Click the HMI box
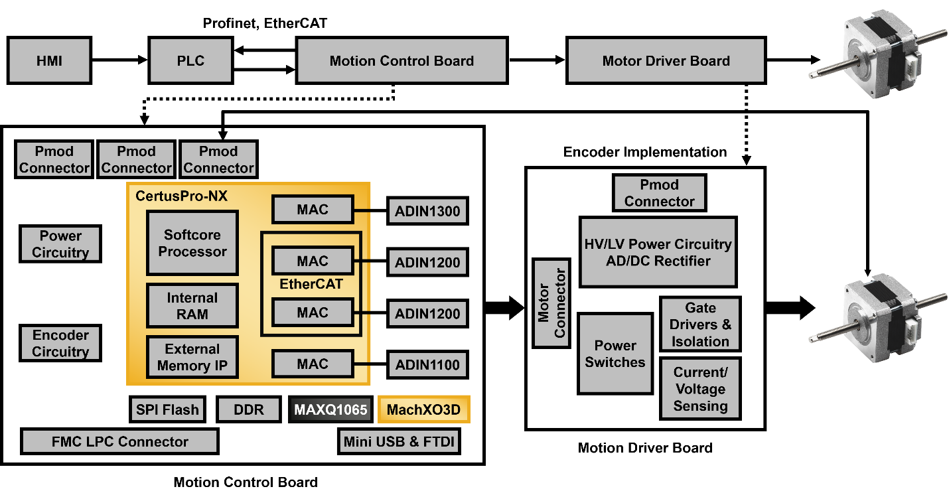[x=50, y=61]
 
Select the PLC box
[x=190, y=61]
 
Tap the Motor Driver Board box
[x=666, y=61]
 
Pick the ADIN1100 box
[x=427, y=365]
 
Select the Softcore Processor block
[x=192, y=243]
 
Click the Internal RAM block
[x=192, y=306]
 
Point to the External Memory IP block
[x=192, y=357]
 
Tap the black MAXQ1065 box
[x=330, y=409]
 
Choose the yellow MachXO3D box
[x=423, y=409]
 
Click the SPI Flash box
[x=167, y=409]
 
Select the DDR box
[x=249, y=409]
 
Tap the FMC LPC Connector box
[x=120, y=441]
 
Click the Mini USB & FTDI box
[x=400, y=441]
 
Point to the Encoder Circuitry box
[x=60, y=343]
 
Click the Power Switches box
[x=615, y=354]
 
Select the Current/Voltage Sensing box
[x=700, y=389]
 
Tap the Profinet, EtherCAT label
[x=265, y=24]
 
